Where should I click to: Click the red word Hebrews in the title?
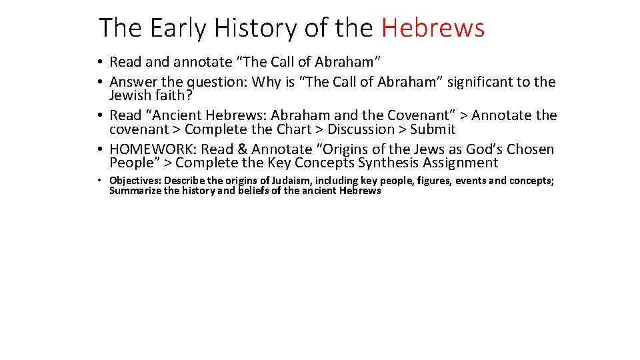pos(433,28)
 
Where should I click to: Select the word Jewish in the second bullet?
pos(131,95)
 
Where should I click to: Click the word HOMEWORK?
pos(153,149)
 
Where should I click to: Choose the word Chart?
pos(293,129)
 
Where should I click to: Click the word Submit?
pos(433,129)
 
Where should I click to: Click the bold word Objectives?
pos(135,181)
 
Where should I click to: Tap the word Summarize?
pos(135,191)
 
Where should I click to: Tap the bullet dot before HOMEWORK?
pos(98,149)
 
